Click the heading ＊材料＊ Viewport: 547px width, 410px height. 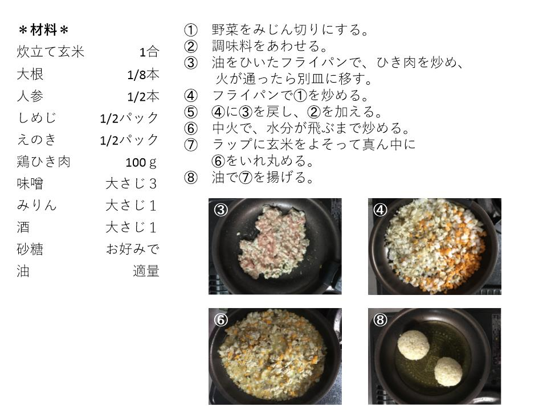(44, 30)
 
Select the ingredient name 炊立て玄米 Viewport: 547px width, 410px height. (51, 52)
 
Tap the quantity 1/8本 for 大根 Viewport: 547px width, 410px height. (143, 74)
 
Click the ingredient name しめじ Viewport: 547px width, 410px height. (36, 118)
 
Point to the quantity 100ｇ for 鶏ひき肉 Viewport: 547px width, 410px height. (141, 162)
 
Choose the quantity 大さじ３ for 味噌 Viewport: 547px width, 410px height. (131, 184)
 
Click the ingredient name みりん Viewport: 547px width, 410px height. (36, 206)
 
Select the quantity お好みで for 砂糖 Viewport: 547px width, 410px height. (133, 249)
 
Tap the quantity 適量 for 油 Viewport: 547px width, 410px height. (146, 271)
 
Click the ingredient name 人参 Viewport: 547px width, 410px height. (30, 96)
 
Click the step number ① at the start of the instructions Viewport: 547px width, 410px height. (190, 30)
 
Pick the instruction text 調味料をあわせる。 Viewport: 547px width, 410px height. (270, 46)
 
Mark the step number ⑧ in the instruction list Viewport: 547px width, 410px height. (190, 178)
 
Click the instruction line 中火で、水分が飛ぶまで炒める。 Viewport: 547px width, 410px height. (311, 128)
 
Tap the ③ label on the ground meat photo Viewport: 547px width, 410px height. (221, 210)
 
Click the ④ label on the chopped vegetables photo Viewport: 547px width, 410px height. (380, 210)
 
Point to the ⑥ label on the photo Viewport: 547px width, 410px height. (221, 319)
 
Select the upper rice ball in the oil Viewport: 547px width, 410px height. (414, 345)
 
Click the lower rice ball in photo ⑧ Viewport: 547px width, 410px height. (448, 372)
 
